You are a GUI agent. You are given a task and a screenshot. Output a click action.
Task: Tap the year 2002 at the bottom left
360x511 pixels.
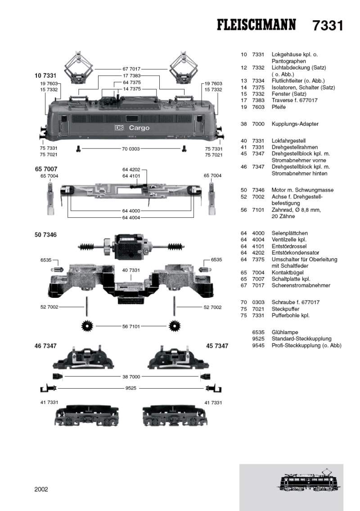click(41, 489)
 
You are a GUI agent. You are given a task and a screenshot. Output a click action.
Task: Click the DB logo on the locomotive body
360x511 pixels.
click(118, 128)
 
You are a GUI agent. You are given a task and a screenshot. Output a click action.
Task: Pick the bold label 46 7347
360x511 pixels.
click(45, 346)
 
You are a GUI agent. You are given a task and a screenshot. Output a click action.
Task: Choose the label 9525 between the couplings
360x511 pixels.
click(130, 388)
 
